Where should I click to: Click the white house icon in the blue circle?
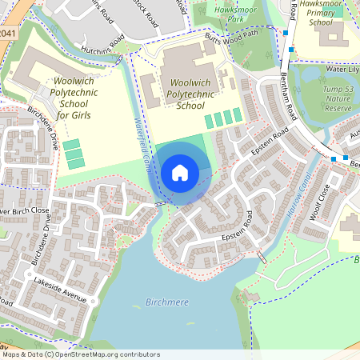[180, 172]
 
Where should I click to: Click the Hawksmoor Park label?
[224, 11]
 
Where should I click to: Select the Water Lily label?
[339, 69]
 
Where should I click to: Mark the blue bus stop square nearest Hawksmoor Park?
[285, 33]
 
